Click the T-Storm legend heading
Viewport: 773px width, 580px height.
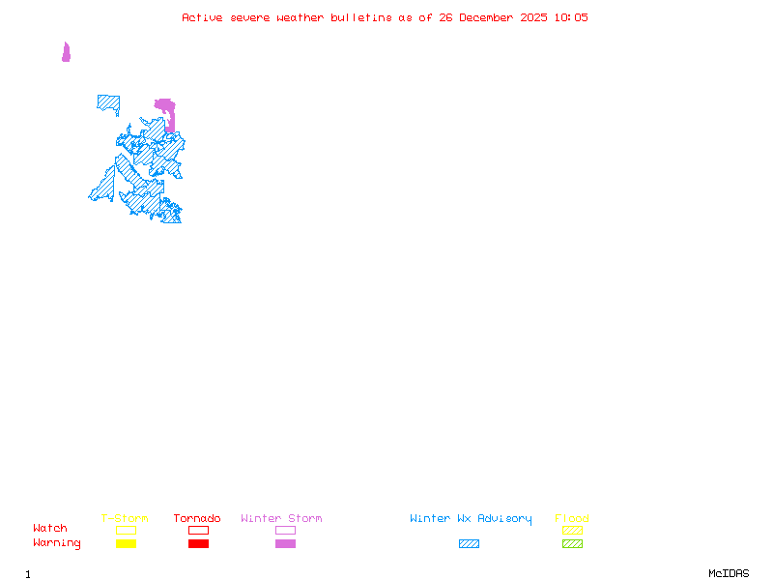click(125, 519)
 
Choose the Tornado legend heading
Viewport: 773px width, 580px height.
click(197, 519)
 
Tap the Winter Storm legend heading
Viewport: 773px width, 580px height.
click(281, 519)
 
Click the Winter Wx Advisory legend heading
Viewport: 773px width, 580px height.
click(471, 519)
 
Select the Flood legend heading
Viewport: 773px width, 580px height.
click(572, 519)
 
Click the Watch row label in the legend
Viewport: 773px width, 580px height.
click(50, 529)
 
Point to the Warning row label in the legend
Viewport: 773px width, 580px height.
click(57, 543)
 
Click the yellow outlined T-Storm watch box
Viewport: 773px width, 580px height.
click(126, 530)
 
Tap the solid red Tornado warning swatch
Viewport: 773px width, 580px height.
click(198, 543)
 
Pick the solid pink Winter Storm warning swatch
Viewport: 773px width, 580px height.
click(285, 543)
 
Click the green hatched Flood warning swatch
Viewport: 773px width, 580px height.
click(572, 543)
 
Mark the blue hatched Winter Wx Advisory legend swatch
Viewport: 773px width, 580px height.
click(469, 543)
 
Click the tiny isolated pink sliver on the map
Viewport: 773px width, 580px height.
click(66, 52)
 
